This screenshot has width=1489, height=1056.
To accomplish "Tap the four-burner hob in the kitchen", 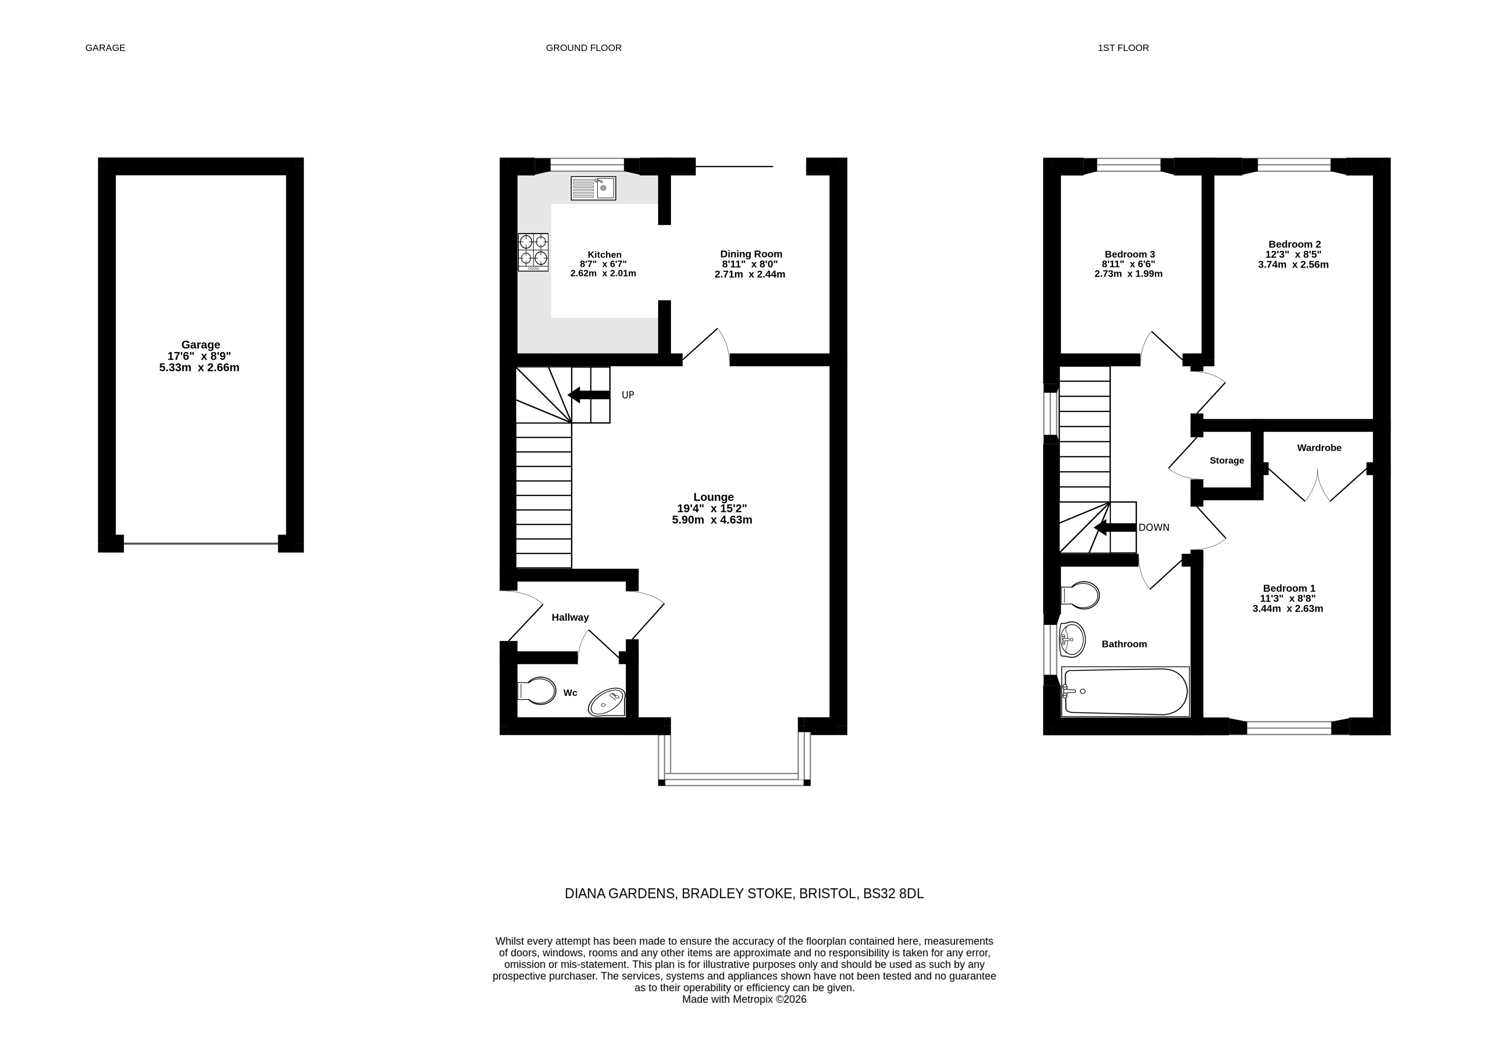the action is coord(533,252).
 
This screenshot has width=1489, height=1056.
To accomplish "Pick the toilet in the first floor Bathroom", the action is coord(1080,595).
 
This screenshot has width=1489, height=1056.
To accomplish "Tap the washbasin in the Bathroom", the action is coord(1072,639).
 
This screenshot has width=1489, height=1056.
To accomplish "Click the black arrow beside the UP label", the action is coord(589,395).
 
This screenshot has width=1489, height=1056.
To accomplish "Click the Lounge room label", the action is coord(713,497).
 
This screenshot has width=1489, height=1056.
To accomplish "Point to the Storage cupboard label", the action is coord(1227,460).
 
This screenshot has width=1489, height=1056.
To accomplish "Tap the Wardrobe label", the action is coord(1319,447).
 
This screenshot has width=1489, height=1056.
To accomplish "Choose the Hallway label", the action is coord(570,617).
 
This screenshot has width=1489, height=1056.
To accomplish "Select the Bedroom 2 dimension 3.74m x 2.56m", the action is coord(1293,265).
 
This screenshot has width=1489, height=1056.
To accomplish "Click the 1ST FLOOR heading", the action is coord(1123,48).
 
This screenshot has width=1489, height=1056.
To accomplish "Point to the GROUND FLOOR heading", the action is coord(584,48).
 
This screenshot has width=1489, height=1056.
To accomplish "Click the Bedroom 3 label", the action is coord(1129,254).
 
